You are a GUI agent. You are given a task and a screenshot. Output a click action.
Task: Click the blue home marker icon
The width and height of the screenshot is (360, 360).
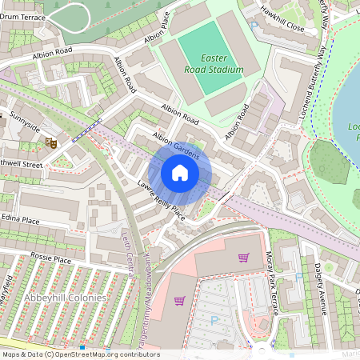pos(180,173)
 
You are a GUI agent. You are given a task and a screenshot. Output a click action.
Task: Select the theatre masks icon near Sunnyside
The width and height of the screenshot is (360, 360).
pos(50,143)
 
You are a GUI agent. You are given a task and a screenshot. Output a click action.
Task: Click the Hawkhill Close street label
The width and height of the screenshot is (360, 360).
pos(285,26)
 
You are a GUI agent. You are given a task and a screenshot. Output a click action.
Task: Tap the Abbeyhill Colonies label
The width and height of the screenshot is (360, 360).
pos(65,298)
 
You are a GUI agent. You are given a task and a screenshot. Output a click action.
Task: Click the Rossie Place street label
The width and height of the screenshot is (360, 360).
pos(50,260)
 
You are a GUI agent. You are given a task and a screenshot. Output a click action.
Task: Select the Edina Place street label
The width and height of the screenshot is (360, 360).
pos(20,220)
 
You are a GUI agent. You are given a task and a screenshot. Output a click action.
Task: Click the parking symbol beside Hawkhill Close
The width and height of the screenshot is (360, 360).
pos(255,26)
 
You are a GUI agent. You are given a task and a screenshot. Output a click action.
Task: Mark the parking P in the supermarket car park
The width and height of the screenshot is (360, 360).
pos(214,319)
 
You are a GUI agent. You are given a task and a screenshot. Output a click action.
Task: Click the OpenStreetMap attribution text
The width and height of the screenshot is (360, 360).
pos(80,354)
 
